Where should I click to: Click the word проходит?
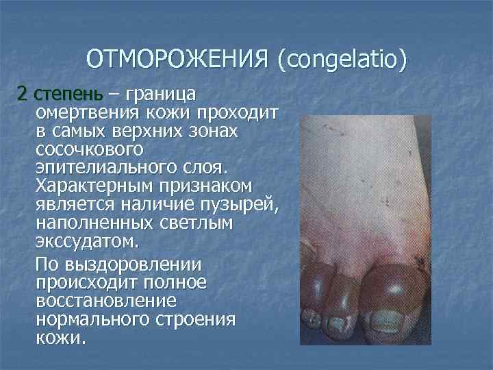pyautogui.click(x=236, y=112)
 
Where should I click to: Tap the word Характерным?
pyautogui.click(x=96, y=186)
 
